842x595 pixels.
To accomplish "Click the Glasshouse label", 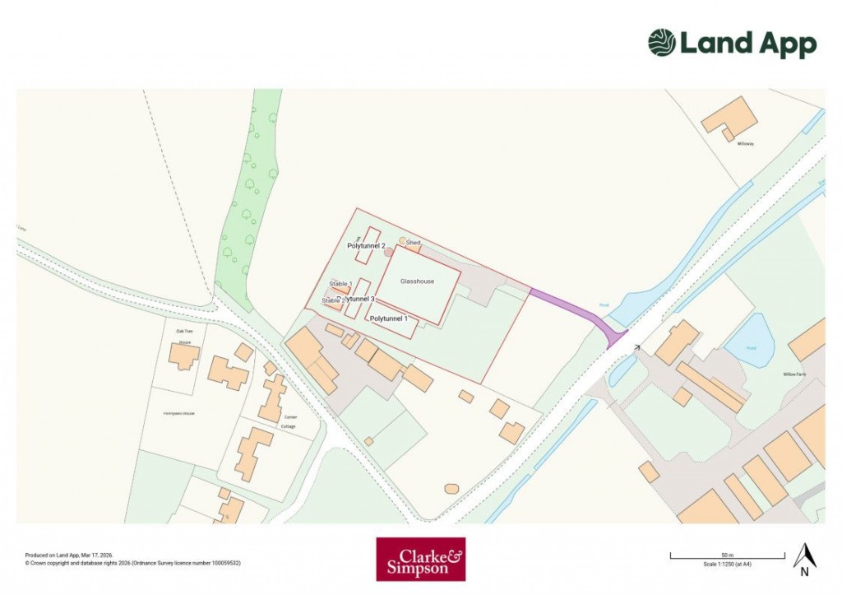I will pos(417,281).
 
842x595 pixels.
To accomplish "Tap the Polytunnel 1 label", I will pos(390,318).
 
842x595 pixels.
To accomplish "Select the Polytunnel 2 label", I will pos(366,245).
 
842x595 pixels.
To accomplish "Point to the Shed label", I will pos(413,243).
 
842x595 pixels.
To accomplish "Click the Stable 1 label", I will pos(340,284).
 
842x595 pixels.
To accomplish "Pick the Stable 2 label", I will pos(331,301).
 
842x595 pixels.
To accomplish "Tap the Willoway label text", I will pos(745,144).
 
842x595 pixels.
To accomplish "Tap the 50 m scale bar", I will pos(723,557).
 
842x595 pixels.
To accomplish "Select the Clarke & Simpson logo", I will pos(420,560).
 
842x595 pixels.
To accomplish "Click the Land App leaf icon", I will pos(661,43).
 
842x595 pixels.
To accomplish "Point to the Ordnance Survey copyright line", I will pos(132,564).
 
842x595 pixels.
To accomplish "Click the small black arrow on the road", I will pos(636,348).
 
